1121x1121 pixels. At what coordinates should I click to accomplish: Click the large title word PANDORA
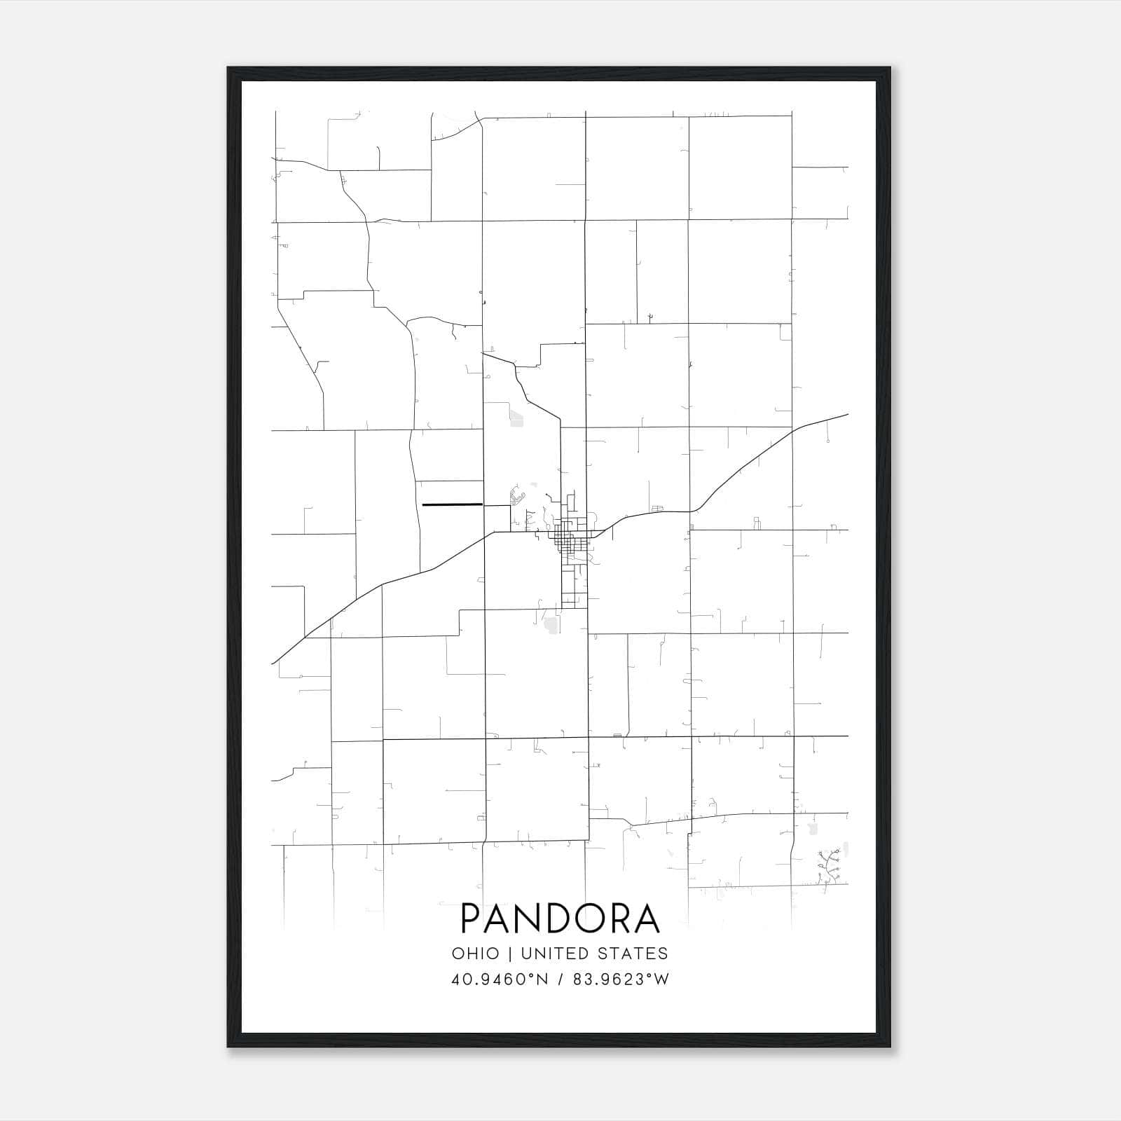[560, 919]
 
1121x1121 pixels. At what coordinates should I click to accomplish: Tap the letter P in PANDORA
[472, 919]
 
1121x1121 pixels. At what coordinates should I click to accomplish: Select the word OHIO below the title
[475, 954]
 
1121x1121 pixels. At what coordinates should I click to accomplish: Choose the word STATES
[638, 954]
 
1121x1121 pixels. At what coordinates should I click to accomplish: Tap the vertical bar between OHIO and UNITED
[509, 954]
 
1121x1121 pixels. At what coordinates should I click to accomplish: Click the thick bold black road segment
[452, 504]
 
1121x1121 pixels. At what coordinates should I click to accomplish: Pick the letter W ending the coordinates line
[661, 979]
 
